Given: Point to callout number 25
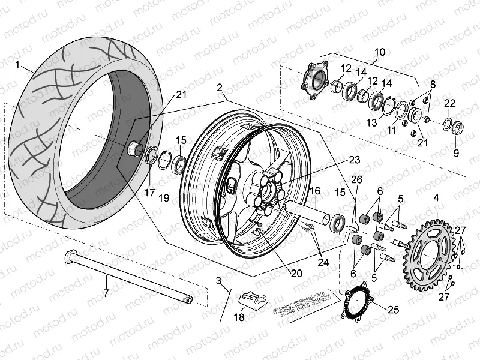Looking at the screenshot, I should (x=393, y=310).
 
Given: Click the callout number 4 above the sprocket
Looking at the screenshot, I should (x=436, y=196).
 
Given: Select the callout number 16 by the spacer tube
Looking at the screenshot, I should (x=314, y=191).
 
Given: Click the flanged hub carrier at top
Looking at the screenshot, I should (x=315, y=79).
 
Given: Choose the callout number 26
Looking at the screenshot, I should (x=356, y=179).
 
